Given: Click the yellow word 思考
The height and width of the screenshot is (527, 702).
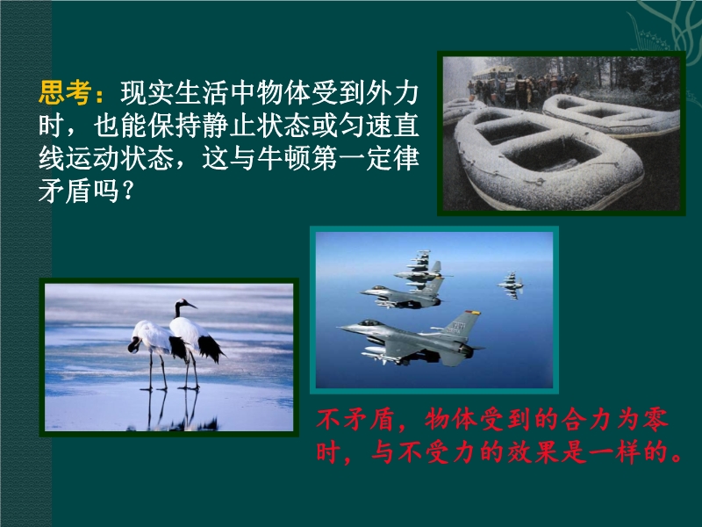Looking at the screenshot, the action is (x=65, y=93).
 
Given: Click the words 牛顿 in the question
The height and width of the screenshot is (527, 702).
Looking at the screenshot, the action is (x=283, y=158).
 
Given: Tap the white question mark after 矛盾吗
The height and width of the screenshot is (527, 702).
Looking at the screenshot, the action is (x=127, y=191).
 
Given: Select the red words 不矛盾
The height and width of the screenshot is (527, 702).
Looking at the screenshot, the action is (x=355, y=420).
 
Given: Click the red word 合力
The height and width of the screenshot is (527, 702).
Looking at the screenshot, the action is (x=585, y=420).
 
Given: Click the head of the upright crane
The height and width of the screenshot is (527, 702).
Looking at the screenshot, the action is (x=184, y=305).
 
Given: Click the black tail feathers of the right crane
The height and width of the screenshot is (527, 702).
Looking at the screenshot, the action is (x=210, y=347).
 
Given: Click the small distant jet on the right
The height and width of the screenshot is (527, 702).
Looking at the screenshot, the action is (x=511, y=285).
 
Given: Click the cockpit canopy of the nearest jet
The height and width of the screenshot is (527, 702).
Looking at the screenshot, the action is (x=369, y=322).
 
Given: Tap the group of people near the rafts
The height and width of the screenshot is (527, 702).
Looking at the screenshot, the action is (x=524, y=90).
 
